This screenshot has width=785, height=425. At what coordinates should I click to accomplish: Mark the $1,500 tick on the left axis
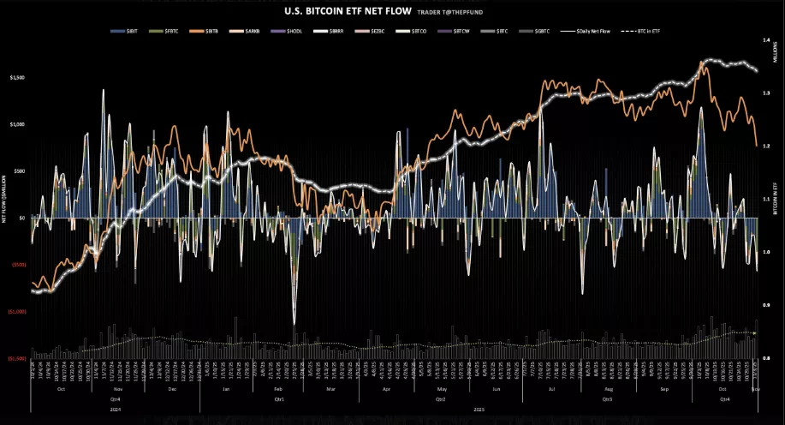pyautogui.click(x=16, y=77)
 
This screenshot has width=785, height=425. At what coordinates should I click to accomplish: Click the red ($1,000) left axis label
pyautogui.click(x=16, y=312)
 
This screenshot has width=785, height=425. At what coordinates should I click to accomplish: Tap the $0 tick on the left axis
pyautogui.click(x=22, y=218)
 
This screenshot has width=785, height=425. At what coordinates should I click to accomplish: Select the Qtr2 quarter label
pyautogui.click(x=440, y=399)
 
